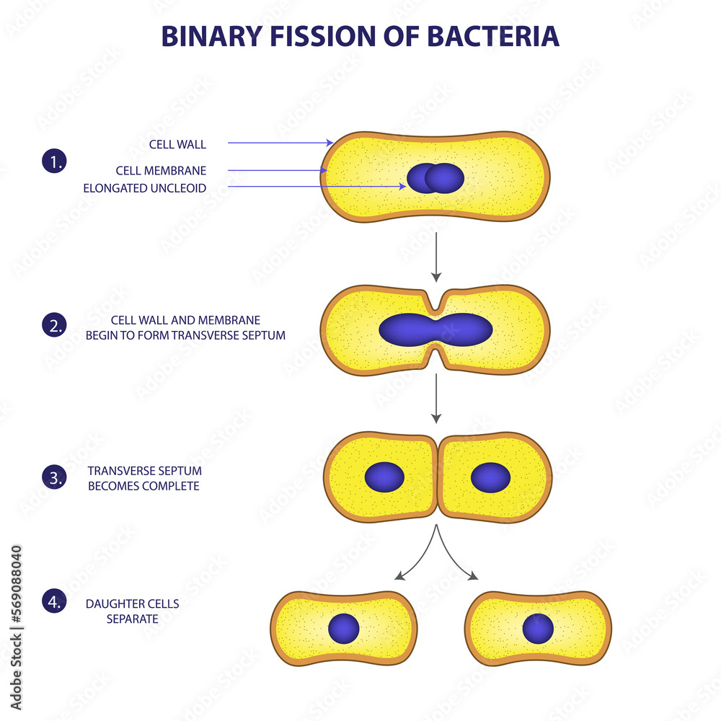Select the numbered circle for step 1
point(53,162)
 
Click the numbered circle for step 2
point(53,325)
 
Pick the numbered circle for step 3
point(53,476)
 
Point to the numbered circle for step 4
point(53,601)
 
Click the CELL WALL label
point(177,144)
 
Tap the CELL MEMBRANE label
point(161,171)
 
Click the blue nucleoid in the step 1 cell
point(435,178)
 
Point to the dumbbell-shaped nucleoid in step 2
point(435,329)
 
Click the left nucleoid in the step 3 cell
point(384,477)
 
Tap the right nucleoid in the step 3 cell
point(490,477)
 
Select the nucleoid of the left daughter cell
point(343,629)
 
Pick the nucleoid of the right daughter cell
point(538,629)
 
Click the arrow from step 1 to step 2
point(435,256)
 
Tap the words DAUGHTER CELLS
point(132,603)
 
